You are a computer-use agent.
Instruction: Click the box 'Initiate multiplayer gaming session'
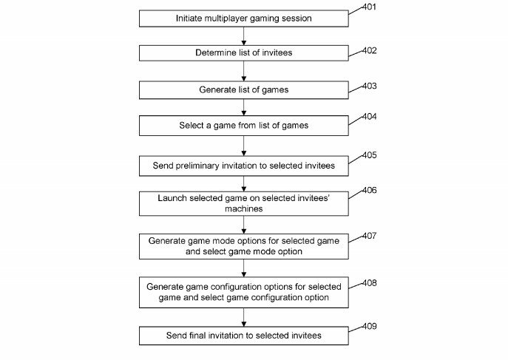click(x=243, y=18)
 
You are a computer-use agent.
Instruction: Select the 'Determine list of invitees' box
click(x=243, y=53)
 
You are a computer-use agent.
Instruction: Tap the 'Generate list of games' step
click(x=243, y=90)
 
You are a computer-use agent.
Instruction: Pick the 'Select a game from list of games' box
click(x=243, y=126)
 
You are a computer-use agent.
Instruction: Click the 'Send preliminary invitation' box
click(x=243, y=166)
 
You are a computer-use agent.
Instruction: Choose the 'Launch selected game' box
click(x=243, y=203)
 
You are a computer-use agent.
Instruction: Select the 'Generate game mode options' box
click(x=243, y=246)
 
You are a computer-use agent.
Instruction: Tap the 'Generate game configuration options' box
click(x=243, y=292)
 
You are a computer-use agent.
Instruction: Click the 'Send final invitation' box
click(x=243, y=336)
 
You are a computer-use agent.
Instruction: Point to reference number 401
click(x=369, y=7)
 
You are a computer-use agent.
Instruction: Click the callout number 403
click(x=369, y=86)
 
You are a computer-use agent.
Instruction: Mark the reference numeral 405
click(x=369, y=155)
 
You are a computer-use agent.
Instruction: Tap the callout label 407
click(x=369, y=236)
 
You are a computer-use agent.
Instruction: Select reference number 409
click(x=369, y=326)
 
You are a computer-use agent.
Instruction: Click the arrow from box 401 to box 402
click(x=243, y=36)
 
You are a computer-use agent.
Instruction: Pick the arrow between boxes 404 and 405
click(x=243, y=146)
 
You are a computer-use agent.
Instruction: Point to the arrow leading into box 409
click(x=243, y=317)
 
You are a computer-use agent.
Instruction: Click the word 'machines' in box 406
click(x=243, y=208)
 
